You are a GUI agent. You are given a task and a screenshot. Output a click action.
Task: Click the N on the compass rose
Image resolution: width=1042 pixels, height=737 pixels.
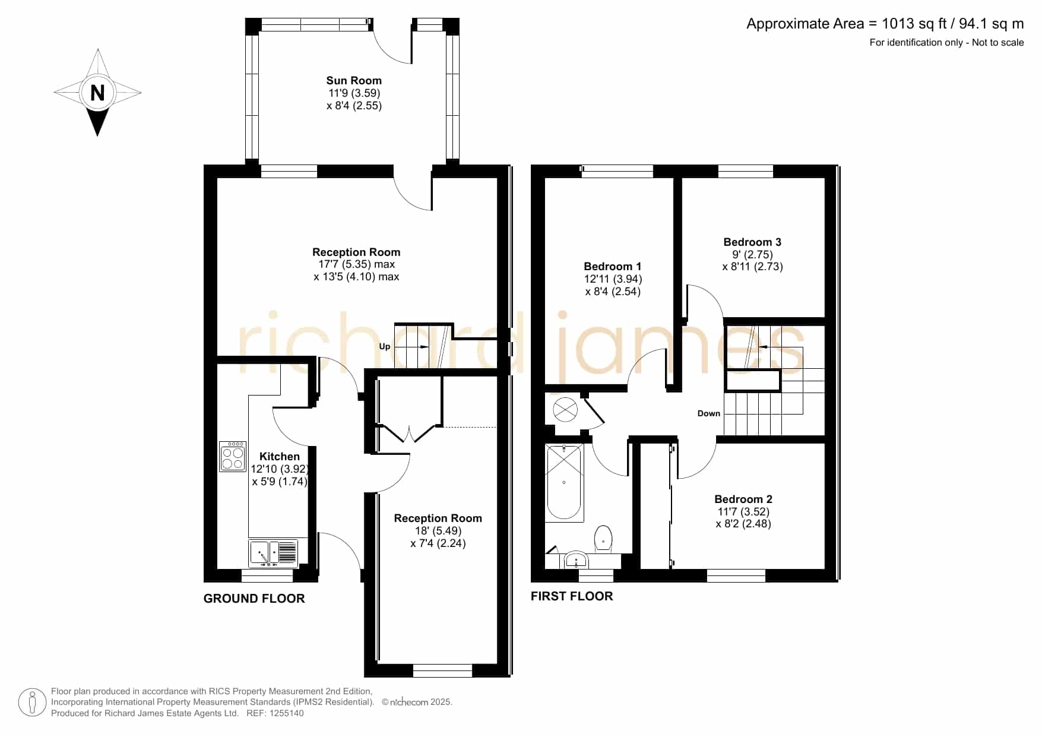pos(97,93)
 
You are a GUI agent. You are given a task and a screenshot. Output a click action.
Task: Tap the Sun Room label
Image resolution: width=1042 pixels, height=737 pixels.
pos(354,80)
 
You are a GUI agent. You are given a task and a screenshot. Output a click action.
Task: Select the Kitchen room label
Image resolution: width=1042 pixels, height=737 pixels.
pos(280,456)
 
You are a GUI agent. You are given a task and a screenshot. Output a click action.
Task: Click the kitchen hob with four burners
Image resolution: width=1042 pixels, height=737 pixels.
pos(233,457)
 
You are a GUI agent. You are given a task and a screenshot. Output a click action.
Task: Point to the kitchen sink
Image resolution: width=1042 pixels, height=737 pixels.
pos(273,553)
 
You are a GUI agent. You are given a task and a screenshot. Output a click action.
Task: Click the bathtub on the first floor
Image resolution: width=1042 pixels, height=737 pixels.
pos(564,482)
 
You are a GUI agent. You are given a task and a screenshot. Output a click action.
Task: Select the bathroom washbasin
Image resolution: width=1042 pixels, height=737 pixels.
pos(576,560)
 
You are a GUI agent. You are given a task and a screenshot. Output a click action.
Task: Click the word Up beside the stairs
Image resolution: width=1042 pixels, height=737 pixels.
pos(385,347)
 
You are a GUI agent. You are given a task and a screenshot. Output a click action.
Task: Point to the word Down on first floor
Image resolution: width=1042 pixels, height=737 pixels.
pos(709,413)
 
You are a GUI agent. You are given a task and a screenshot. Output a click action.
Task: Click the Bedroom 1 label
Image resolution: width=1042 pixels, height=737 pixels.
pos(613,266)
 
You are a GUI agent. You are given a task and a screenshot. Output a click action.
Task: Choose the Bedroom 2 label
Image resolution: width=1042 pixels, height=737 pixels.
pos(743,499)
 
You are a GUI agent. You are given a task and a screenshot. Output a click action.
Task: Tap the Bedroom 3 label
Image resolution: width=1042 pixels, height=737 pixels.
pos(752,242)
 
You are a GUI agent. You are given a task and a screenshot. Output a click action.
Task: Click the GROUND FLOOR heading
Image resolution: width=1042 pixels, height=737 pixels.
pos(254,599)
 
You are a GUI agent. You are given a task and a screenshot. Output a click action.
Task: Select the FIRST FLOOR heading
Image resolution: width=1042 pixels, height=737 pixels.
pos(572,596)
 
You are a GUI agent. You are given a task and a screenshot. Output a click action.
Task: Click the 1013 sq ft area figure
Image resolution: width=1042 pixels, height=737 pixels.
pos(914,24)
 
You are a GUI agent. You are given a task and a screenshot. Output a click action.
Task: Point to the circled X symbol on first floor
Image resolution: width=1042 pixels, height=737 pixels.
pos(565,410)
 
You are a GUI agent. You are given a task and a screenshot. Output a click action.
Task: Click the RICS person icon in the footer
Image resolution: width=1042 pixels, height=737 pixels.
pos(32,703)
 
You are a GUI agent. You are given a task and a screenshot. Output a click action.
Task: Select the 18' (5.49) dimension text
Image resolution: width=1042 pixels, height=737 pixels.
pos(438,531)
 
